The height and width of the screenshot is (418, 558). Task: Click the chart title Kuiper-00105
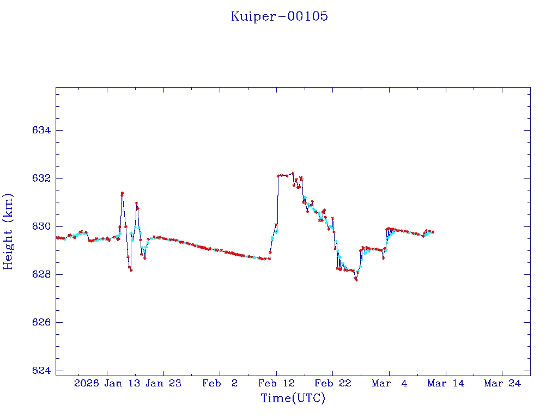[x=279, y=16]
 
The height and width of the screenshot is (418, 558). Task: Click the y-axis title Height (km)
[x=9, y=231]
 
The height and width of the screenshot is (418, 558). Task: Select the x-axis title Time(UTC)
[x=293, y=398]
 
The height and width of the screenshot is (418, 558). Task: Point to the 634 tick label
[x=41, y=131]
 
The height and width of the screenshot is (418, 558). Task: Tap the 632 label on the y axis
[x=41, y=179]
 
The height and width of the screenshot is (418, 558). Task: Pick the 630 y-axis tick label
[x=41, y=226]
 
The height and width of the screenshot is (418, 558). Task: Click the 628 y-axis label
[x=41, y=274]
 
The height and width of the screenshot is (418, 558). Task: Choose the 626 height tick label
[x=41, y=323]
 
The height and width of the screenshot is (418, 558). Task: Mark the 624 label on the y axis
[x=41, y=371]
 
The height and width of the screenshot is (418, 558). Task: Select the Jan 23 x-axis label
[x=164, y=383]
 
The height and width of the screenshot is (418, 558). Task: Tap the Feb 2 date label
[x=220, y=383]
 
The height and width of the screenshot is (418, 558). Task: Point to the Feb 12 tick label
[x=277, y=383]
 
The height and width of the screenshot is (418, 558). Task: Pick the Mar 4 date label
[x=390, y=383]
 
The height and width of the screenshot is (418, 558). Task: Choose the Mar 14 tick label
[x=446, y=383]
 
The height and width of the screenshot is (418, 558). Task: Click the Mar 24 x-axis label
[x=502, y=383]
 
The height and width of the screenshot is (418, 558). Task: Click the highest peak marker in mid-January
[x=122, y=193]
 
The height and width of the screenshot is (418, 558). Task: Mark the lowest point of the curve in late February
[x=356, y=280]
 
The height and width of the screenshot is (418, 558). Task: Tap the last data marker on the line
[x=433, y=232]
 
